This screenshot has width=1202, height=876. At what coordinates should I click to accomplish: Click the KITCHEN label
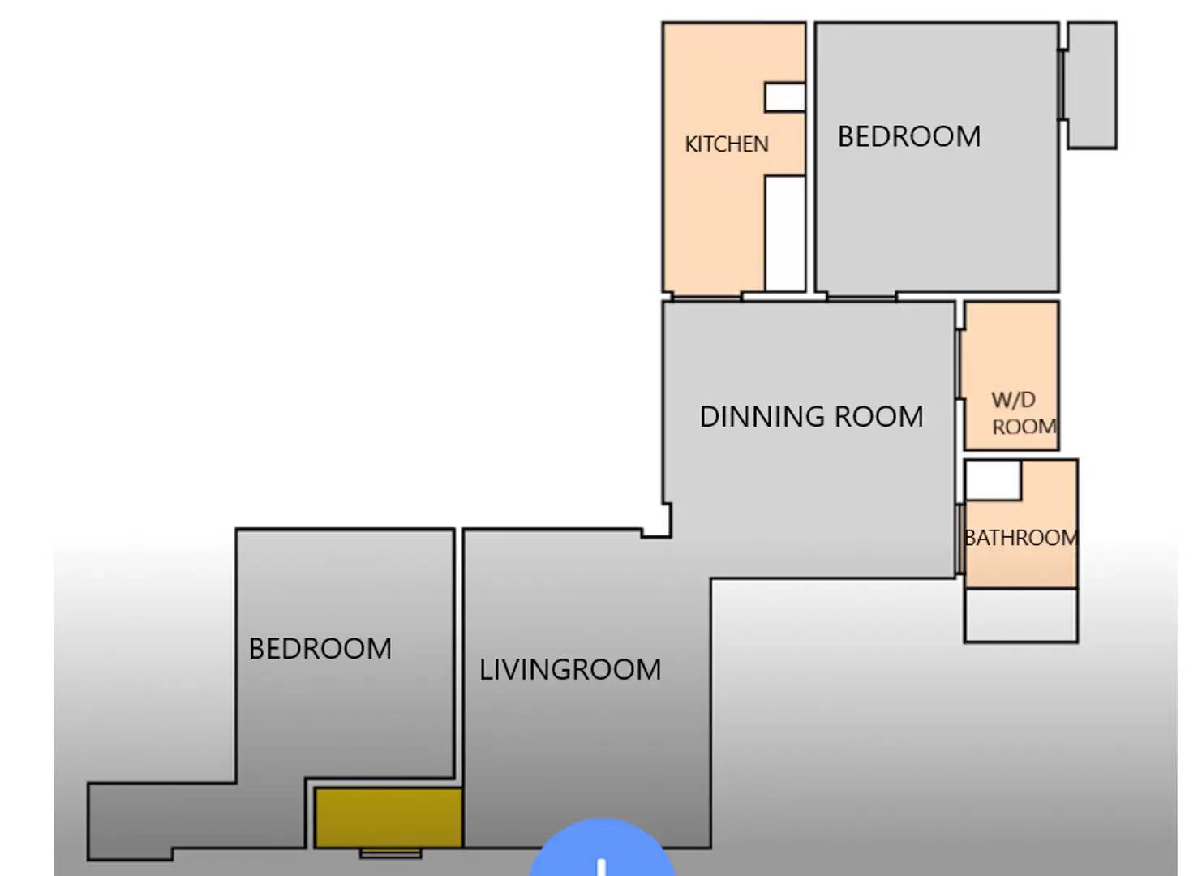(x=726, y=144)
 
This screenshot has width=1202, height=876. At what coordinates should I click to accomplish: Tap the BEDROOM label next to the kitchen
(x=908, y=136)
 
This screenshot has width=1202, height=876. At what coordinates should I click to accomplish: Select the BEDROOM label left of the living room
(x=320, y=648)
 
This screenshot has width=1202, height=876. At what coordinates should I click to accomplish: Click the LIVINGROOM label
(x=569, y=669)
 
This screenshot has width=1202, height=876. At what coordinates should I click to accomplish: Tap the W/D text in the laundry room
(x=1013, y=399)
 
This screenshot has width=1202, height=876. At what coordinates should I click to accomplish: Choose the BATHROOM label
(x=1020, y=538)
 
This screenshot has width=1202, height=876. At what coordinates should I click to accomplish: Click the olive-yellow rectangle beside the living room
(x=389, y=818)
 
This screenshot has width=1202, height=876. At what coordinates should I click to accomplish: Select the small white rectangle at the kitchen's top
(x=784, y=97)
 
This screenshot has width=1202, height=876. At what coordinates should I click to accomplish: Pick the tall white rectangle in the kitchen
(x=785, y=234)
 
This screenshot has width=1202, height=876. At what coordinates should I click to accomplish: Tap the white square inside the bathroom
(x=993, y=480)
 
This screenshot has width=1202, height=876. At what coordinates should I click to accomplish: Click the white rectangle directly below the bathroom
(x=1020, y=616)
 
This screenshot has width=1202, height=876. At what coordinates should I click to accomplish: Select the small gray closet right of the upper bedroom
(x=1092, y=85)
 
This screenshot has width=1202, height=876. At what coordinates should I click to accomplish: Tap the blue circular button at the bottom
(x=602, y=852)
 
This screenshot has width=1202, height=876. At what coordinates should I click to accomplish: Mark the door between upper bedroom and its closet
(x=1062, y=85)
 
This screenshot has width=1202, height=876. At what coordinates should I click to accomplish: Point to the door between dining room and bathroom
(x=959, y=539)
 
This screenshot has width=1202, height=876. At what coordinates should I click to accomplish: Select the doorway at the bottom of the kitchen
(x=706, y=298)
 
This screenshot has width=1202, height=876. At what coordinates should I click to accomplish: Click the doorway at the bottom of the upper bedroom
(x=861, y=298)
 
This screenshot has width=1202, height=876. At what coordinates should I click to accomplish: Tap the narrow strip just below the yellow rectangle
(x=390, y=853)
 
